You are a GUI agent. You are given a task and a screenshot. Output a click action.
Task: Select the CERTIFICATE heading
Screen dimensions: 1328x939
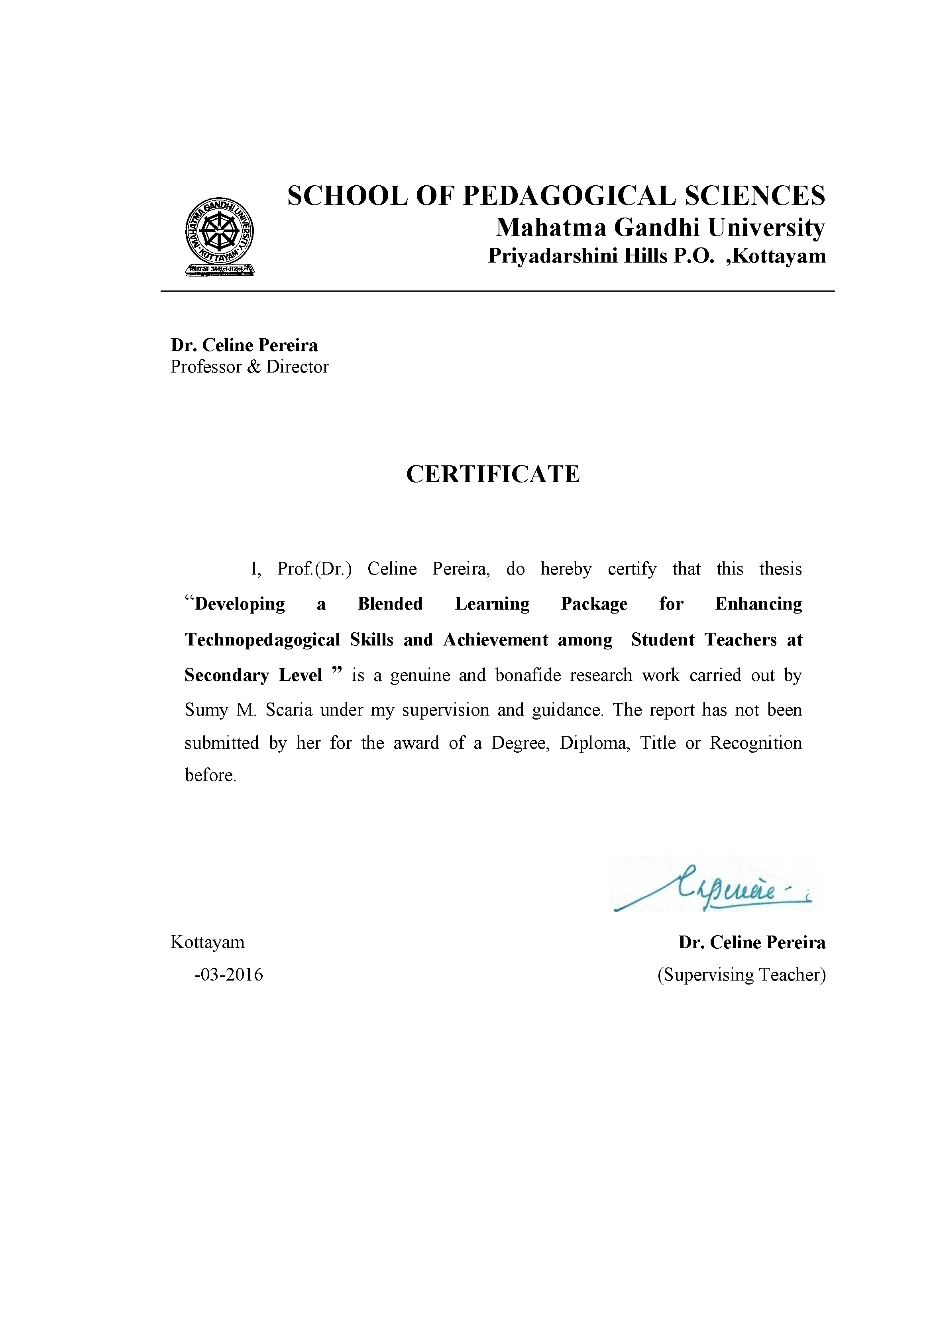tap(493, 474)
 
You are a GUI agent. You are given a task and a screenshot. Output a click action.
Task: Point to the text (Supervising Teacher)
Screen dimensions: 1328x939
tap(741, 975)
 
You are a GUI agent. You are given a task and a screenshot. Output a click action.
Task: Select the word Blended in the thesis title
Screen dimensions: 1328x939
tap(390, 604)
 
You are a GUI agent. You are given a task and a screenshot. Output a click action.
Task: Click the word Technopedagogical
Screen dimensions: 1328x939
tap(262, 640)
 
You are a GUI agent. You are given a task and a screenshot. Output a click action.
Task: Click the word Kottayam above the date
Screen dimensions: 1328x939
tap(207, 942)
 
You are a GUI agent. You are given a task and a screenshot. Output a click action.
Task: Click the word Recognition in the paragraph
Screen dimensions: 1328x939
tap(756, 743)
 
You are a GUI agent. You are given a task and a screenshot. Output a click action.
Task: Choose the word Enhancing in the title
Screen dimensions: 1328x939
tap(758, 604)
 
